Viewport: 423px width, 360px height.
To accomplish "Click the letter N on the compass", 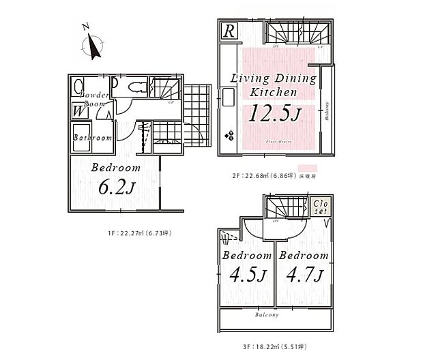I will pos(85,28).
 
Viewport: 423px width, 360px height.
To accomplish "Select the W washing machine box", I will pos(78,109).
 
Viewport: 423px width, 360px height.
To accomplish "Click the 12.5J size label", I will pos(272,114).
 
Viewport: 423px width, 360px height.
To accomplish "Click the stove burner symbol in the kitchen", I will pos(228,134).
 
